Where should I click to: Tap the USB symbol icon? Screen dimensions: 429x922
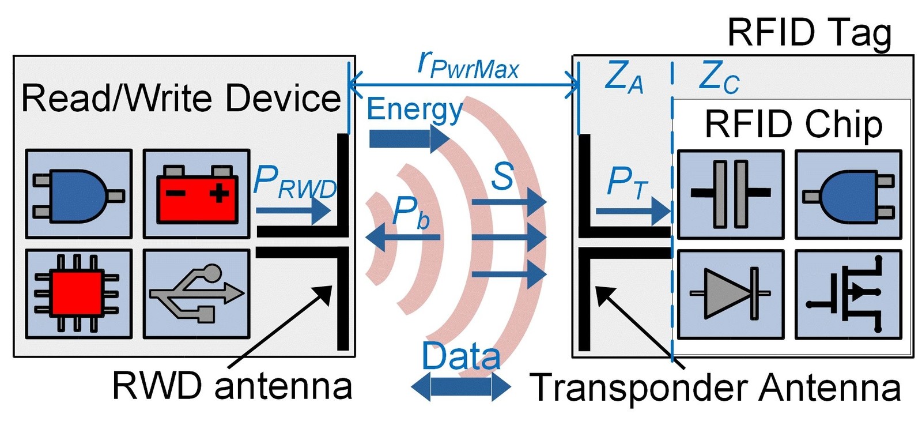coord(197,294)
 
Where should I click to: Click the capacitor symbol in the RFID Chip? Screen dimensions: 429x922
coord(730,194)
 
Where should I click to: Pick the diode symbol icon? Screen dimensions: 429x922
coord(730,294)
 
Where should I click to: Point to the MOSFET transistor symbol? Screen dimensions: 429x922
coord(848,294)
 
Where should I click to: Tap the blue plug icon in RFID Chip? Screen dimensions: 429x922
coord(848,194)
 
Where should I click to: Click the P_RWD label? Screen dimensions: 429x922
coord(294,183)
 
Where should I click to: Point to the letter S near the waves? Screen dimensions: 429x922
coord(502,176)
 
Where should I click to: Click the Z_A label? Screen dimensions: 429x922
coord(624,77)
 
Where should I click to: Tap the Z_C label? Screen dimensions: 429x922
coord(718,77)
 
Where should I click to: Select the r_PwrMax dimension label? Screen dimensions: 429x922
coord(468,65)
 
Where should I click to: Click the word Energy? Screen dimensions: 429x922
coord(414,110)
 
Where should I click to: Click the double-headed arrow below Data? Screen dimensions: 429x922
coord(461,387)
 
